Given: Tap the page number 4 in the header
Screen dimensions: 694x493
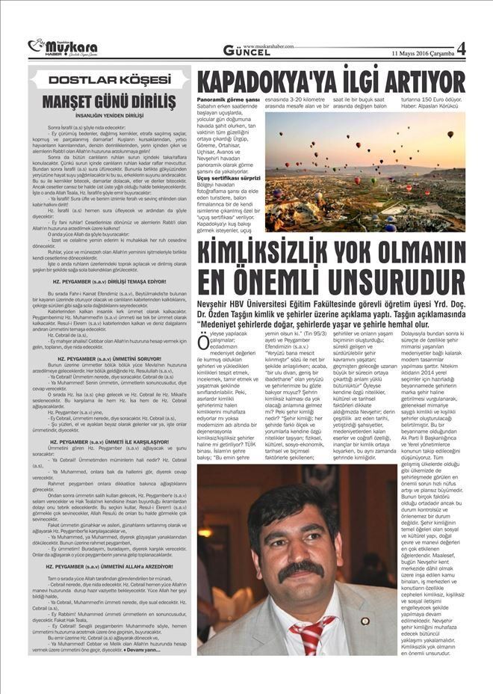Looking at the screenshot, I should tap(460, 49).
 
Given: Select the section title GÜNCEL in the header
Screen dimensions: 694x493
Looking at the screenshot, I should tap(250, 50).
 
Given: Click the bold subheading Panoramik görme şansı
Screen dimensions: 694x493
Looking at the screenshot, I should tap(229, 99).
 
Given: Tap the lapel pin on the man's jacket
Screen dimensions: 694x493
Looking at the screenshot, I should tap(365, 621).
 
